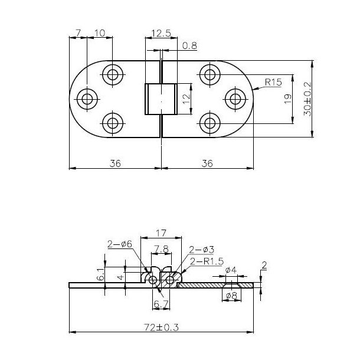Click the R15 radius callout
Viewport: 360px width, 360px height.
[273, 83]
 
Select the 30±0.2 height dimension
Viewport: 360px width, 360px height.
[307, 98]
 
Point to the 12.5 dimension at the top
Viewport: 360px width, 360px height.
[161, 34]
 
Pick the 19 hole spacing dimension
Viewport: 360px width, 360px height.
[287, 99]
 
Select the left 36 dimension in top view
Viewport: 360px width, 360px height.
[115, 163]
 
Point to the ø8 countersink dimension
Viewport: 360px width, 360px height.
[233, 294]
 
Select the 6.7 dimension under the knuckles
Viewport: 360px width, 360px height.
[161, 303]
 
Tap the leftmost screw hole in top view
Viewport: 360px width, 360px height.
[87, 99]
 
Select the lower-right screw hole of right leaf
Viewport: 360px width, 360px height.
[210, 123]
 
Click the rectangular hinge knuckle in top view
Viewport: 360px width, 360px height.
[161, 99]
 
